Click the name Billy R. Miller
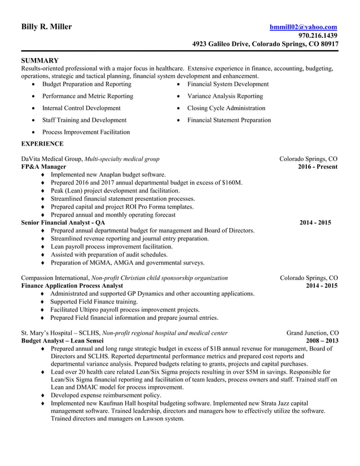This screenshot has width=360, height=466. tap(46, 27)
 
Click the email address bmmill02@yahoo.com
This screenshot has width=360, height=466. tap(303, 27)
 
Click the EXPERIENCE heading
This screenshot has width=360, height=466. tap(42, 144)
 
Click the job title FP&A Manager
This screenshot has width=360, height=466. tap(43, 167)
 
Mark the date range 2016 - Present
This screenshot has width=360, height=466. tap(318, 167)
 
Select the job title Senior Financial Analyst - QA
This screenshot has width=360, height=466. tap(63, 223)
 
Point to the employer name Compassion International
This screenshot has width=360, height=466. tap(54, 278)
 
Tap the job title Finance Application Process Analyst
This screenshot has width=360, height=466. tap(72, 286)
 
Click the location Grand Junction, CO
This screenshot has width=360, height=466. tap(312, 333)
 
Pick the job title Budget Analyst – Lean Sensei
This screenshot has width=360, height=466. tap(62, 341)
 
